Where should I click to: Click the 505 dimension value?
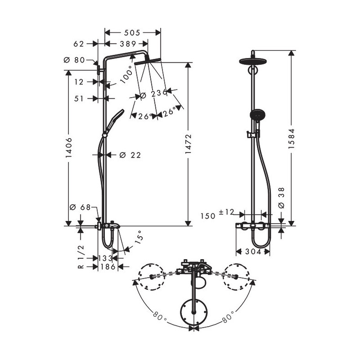[132, 32]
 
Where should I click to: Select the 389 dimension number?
[128, 44]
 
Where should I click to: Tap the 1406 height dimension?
[69, 148]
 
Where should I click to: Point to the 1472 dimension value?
[188, 144]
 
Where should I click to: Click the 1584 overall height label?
[291, 139]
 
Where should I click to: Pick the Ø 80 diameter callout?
[74, 60]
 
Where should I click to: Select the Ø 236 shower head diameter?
[153, 94]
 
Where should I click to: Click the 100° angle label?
[126, 74]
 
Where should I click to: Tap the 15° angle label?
[139, 237]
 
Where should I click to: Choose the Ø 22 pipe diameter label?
[130, 155]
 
